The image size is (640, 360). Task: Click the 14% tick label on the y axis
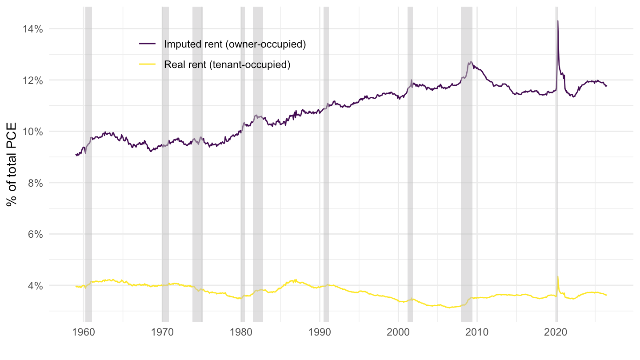(x=32, y=29)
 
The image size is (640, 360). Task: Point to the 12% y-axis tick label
(x=32, y=80)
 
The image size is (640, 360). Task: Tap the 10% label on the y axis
(x=32, y=132)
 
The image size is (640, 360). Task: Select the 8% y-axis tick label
(x=36, y=183)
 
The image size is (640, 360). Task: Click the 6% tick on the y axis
(x=36, y=234)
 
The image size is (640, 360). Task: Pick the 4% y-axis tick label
(x=36, y=286)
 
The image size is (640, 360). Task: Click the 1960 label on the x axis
(x=84, y=332)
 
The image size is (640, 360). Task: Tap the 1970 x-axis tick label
(x=162, y=332)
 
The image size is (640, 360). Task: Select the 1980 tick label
(x=241, y=332)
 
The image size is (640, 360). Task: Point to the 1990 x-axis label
(x=320, y=332)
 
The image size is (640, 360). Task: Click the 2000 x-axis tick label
(x=398, y=332)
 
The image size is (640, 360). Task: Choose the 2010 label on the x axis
(x=477, y=332)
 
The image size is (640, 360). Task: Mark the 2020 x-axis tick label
(x=556, y=332)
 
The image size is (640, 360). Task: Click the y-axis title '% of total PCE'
(x=12, y=164)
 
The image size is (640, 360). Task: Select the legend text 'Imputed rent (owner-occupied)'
(x=235, y=44)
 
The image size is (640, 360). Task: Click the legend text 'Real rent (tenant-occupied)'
(x=227, y=64)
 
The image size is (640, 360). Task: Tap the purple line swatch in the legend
(x=148, y=44)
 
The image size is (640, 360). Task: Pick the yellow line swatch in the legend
(x=148, y=64)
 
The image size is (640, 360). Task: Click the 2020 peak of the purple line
(x=558, y=21)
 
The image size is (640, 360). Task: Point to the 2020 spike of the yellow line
(x=558, y=276)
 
